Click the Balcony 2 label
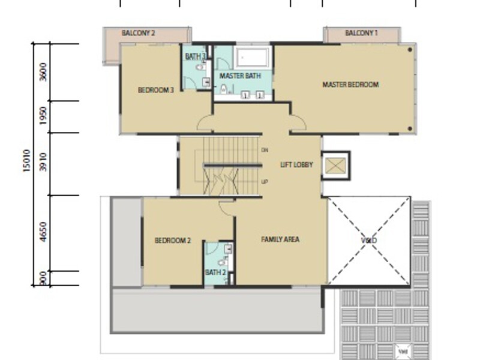[139, 34]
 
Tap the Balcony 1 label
[361, 34]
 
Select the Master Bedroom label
[350, 85]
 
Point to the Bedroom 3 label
[156, 91]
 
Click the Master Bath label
[240, 76]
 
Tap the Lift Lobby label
[296, 164]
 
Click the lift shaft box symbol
[335, 165]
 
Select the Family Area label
[280, 239]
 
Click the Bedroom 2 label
[173, 241]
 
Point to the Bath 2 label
[215, 272]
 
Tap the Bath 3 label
[196, 57]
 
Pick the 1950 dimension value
[42, 117]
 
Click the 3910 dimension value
[42, 163]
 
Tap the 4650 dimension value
[42, 232]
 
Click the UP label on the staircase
[265, 181]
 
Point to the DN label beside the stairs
[265, 149]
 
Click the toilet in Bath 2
[221, 262]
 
